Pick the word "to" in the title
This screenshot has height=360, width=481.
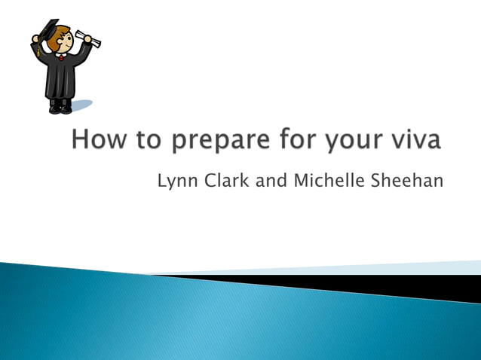[140, 141]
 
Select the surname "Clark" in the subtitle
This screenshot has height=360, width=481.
[225, 181]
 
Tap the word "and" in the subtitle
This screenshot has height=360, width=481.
[270, 181]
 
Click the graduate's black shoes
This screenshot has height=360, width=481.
[60, 109]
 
